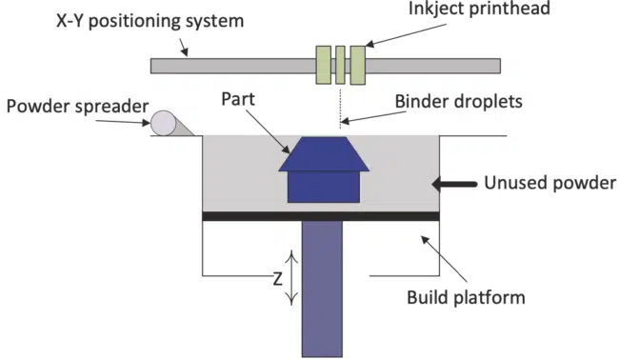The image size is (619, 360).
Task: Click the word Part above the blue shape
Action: (x=238, y=98)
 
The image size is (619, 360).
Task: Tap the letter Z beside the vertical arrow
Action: (x=275, y=282)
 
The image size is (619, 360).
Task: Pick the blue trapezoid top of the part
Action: (x=323, y=153)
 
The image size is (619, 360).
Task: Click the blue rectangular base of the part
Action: (x=323, y=186)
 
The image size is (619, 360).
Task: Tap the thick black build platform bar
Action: (x=321, y=216)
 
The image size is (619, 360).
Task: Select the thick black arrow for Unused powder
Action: (x=451, y=182)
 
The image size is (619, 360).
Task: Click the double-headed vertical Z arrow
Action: (x=292, y=277)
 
